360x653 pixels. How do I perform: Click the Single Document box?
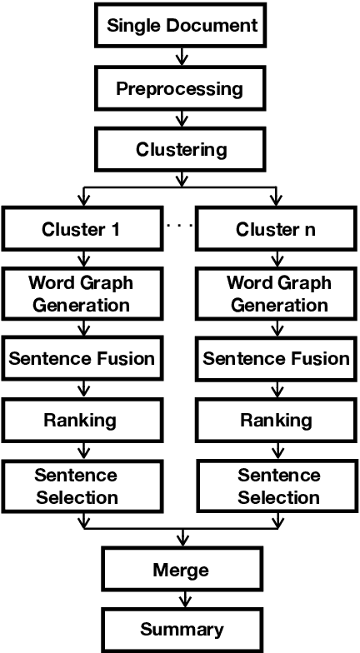[180, 24]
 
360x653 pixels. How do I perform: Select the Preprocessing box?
[180, 87]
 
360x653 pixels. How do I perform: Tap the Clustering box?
[180, 150]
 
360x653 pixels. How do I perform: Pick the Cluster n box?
[278, 229]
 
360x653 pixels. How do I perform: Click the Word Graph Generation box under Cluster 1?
[80, 293]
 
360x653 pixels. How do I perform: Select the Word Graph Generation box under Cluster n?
[278, 293]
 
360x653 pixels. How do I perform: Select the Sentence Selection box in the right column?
[278, 486]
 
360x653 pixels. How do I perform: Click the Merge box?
[180, 571]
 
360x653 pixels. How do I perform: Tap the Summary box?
[180, 629]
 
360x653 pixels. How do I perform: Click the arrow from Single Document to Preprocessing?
[180, 57]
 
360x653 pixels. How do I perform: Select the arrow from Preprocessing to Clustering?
[180, 119]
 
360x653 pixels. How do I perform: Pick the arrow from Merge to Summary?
[180, 600]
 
